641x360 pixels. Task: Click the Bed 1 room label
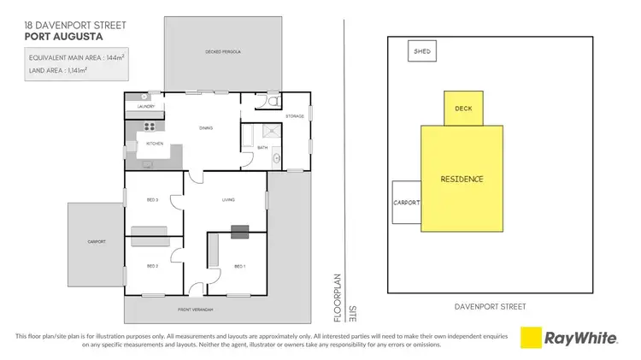[x=239, y=266]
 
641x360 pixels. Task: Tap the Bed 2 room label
[x=153, y=266]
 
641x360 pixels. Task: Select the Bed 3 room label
[x=153, y=200]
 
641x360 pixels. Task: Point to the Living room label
[x=228, y=200]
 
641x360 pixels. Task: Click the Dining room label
[x=206, y=128]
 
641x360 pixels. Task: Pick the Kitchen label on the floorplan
[x=155, y=144]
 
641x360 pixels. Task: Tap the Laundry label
[x=145, y=107]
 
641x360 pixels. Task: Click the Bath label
[x=262, y=148]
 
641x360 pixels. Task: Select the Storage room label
[x=295, y=116]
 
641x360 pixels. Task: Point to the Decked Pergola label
[x=222, y=52]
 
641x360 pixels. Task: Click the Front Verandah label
[x=197, y=309]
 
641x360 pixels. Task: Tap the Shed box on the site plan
[x=422, y=51]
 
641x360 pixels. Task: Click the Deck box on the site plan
[x=463, y=109]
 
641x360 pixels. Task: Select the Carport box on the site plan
[x=406, y=203]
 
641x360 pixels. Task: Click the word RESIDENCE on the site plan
[x=462, y=180]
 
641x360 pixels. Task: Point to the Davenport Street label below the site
[x=491, y=306]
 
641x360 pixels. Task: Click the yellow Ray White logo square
[x=532, y=338]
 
